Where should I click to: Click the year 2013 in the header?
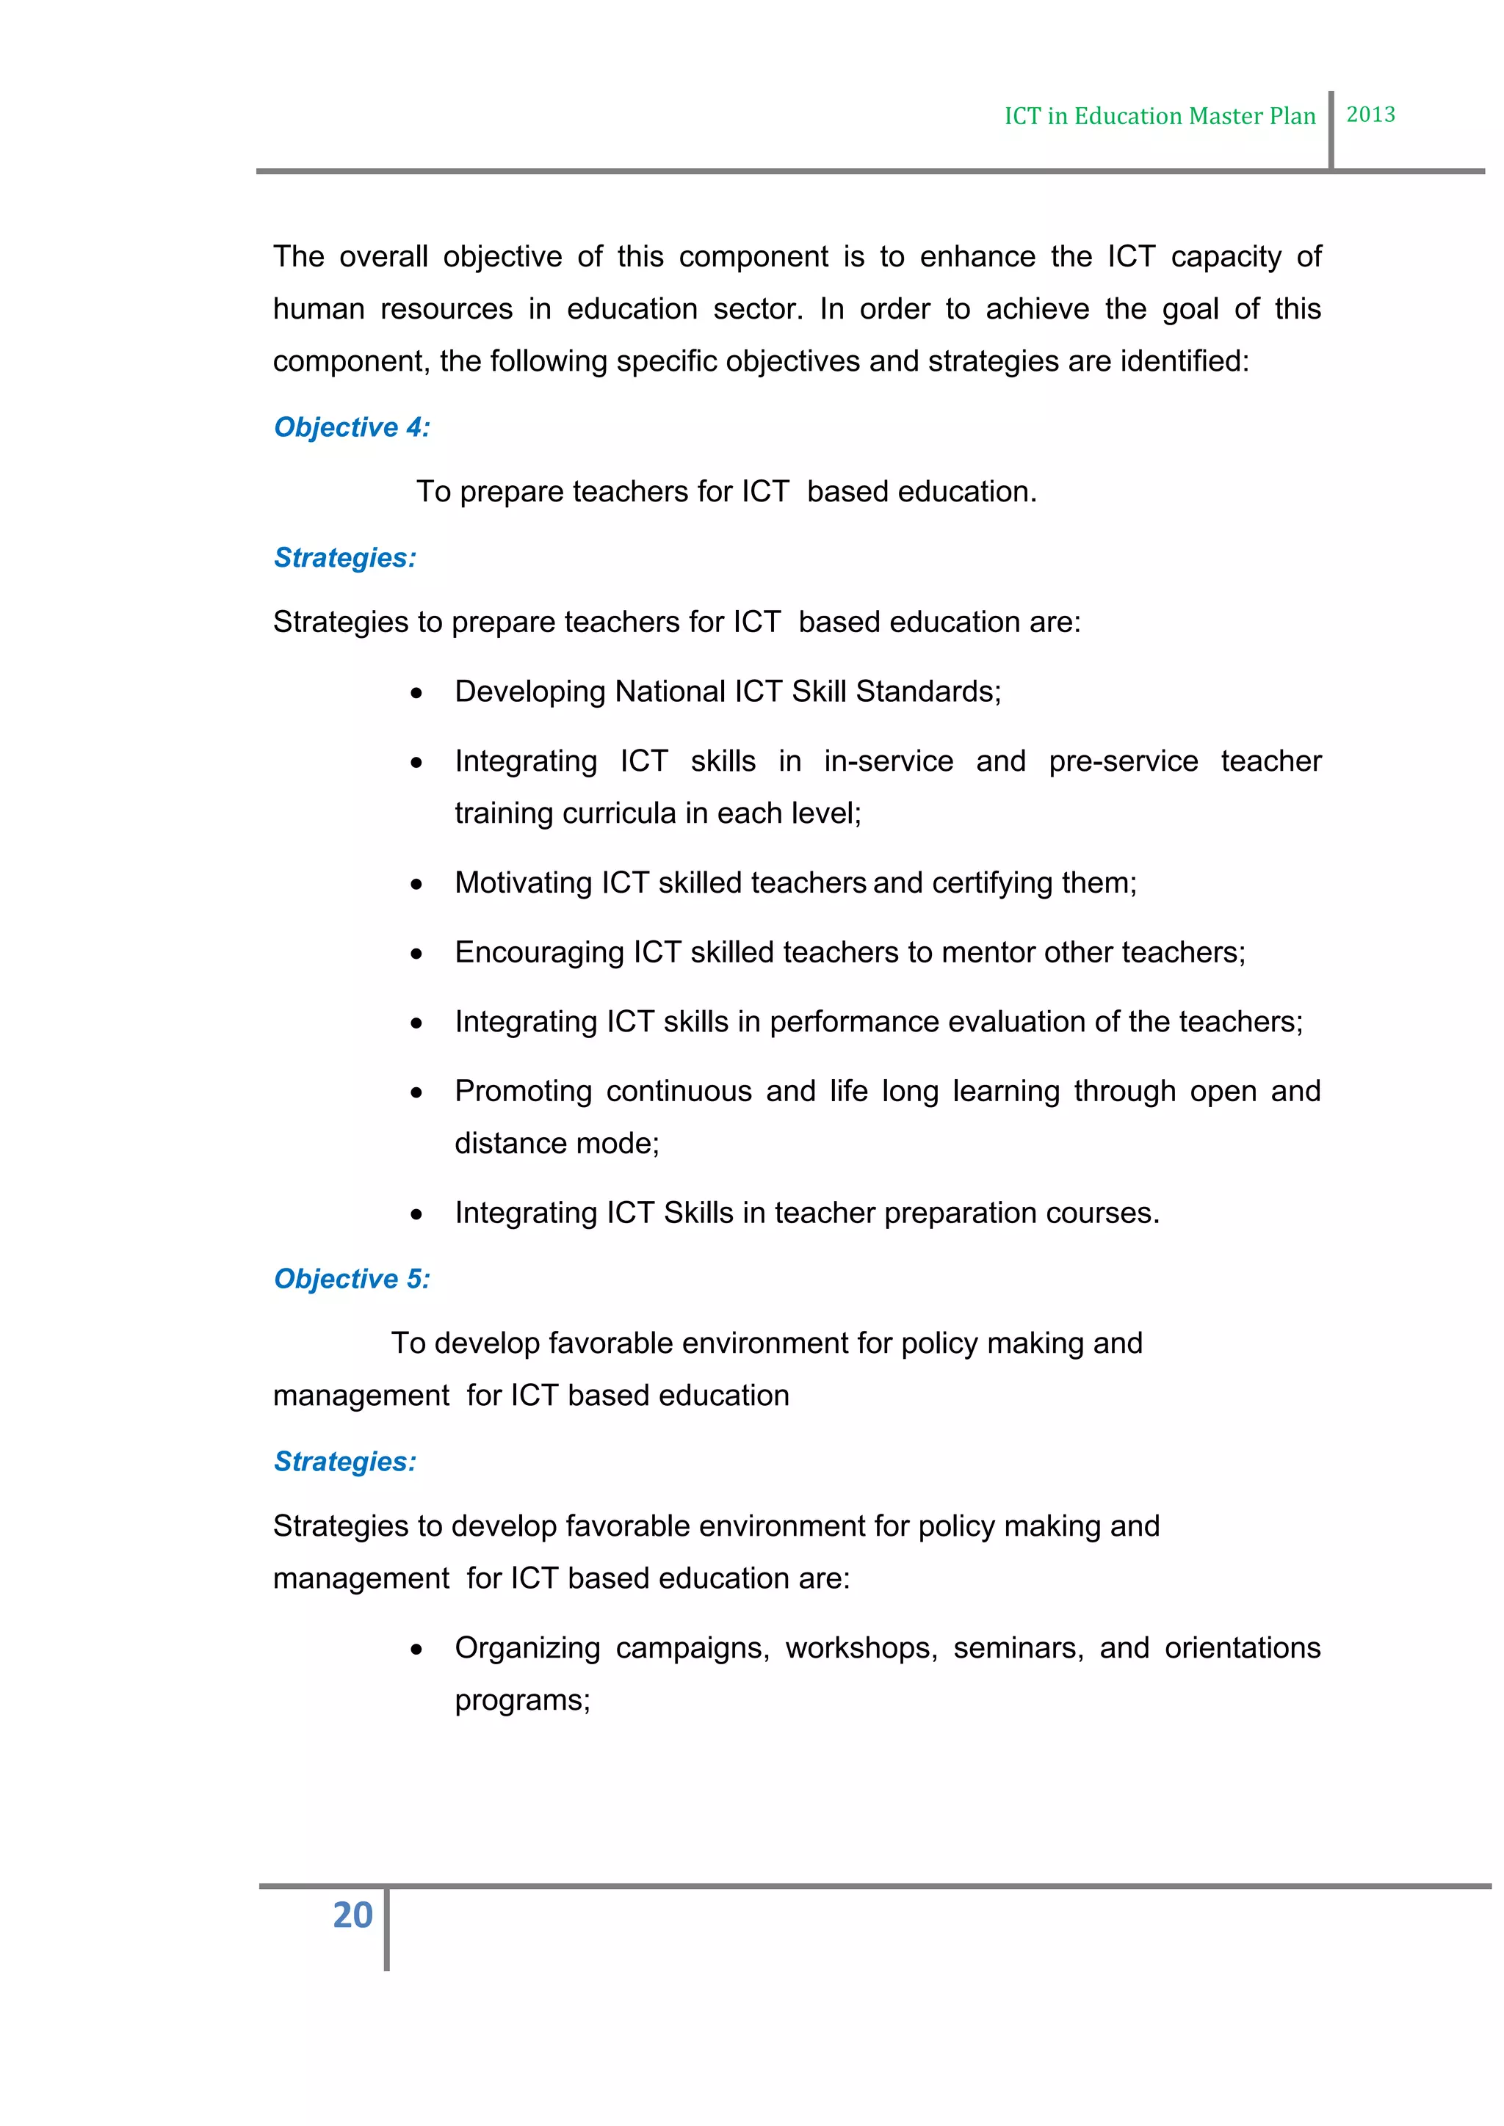(x=1370, y=115)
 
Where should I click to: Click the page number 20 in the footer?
(x=352, y=1915)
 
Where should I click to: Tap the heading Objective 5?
(x=352, y=1279)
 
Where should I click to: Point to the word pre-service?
(x=1122, y=761)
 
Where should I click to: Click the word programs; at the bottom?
(x=522, y=1701)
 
